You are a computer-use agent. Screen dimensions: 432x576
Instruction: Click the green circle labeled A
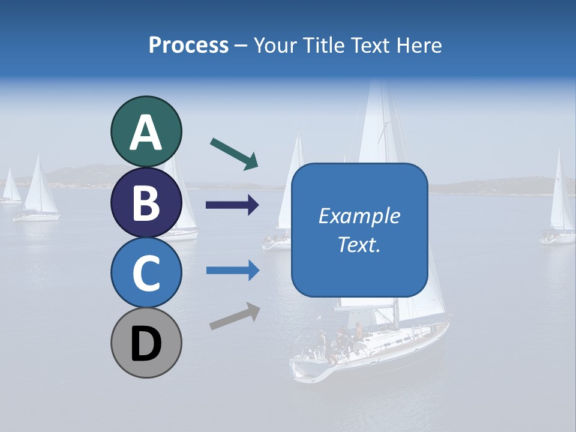point(146,131)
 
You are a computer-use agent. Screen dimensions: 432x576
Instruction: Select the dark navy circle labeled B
point(146,202)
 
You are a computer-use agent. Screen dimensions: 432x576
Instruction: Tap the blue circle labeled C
point(146,272)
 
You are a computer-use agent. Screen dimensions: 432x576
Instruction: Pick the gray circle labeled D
point(146,343)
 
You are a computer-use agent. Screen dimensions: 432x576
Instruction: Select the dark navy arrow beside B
point(232,205)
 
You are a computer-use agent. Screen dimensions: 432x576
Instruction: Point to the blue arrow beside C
point(232,271)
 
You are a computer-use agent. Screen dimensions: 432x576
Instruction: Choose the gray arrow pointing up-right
point(235,316)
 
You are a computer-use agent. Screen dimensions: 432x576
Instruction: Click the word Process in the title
point(188,45)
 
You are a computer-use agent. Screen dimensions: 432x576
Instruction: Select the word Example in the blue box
point(359,216)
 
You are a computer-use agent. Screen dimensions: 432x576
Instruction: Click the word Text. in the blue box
point(359,245)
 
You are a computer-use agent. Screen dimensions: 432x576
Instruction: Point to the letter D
point(146,344)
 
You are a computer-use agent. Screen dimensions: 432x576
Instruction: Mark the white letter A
point(146,132)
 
